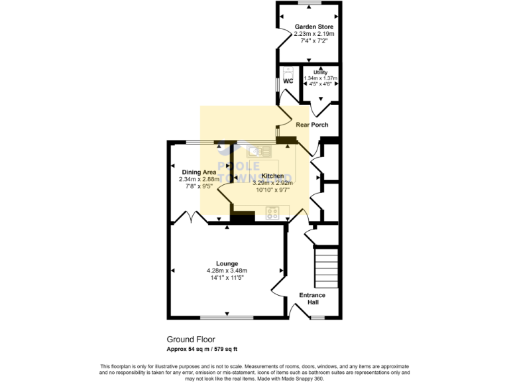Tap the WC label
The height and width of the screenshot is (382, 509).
288,81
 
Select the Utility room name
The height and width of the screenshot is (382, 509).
320,72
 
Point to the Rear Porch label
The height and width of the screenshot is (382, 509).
312,125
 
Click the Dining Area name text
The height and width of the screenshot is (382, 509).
199,172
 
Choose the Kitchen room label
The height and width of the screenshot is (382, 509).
273,176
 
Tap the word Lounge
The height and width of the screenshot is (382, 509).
227,263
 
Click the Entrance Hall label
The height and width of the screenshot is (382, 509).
312,298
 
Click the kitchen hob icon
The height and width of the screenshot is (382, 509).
273,213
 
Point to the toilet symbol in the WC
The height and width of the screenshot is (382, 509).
288,72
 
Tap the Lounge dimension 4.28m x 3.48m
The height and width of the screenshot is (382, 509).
227,271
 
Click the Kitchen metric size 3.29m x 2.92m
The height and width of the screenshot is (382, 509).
273,182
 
